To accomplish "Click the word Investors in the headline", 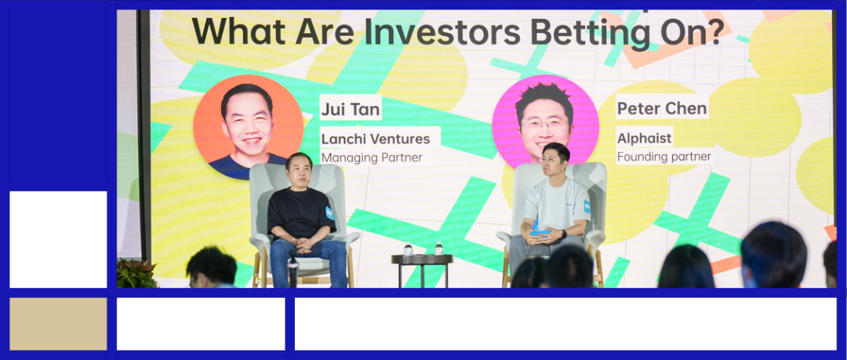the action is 442,32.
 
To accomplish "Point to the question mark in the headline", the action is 716,32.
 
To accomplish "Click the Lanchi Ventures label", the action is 376,139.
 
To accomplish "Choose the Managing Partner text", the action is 372,158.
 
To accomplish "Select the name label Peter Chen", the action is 662,109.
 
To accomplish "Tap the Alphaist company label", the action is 645,138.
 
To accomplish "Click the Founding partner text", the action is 664,158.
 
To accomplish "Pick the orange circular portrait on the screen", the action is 249,127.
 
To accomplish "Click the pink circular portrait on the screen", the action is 545,122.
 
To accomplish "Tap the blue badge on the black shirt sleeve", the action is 329,213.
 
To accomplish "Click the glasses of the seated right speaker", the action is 551,159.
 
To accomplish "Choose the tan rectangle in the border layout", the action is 58,324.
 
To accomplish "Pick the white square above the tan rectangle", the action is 58,239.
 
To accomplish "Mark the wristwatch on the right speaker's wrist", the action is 563,234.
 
